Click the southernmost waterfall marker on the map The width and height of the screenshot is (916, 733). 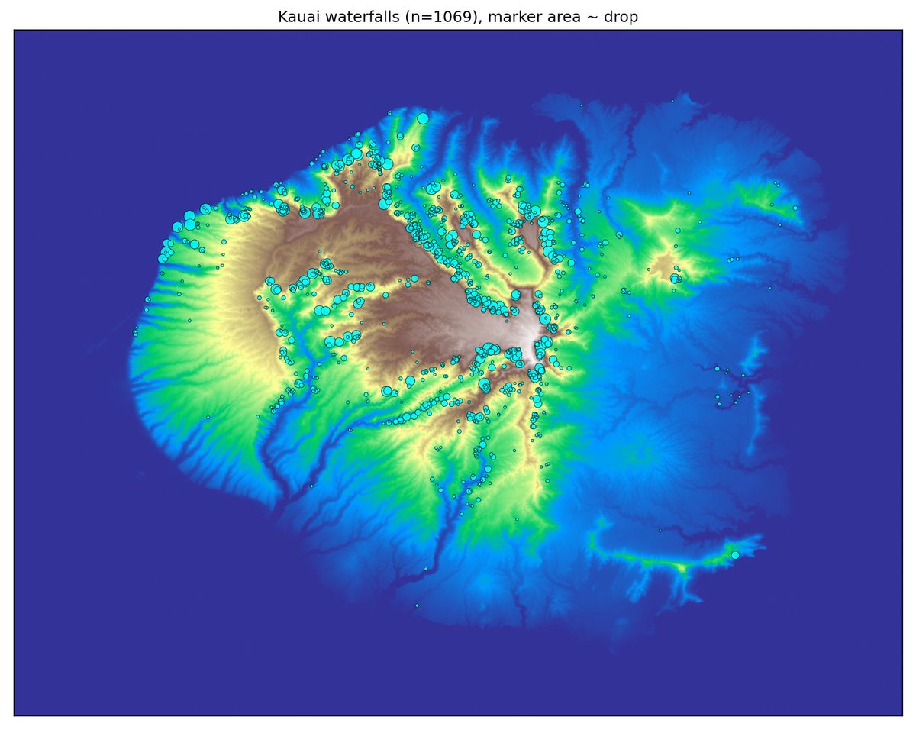pos(417,605)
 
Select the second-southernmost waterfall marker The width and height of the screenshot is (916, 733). pos(425,569)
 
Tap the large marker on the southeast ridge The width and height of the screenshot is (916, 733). pos(735,555)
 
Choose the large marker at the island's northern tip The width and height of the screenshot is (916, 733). pos(422,118)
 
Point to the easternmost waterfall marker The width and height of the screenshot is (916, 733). pos(795,208)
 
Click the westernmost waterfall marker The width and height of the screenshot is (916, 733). pos(134,332)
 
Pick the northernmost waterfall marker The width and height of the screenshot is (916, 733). pos(672,101)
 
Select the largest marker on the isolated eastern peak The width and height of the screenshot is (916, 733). pos(675,279)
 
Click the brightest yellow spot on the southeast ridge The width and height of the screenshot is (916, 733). pos(682,567)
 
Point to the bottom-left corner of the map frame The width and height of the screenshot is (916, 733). pos(14,715)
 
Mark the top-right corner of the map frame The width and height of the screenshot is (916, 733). pos(902,31)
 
